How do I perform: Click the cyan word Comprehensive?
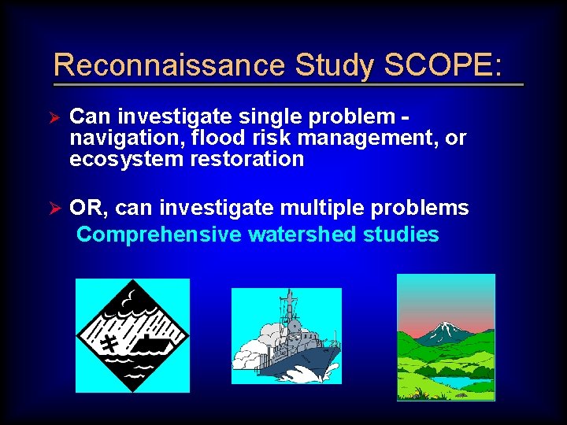coord(159,235)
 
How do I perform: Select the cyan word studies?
coord(402,235)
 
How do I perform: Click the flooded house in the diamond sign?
coord(150,343)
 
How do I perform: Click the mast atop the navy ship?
coord(290,303)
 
